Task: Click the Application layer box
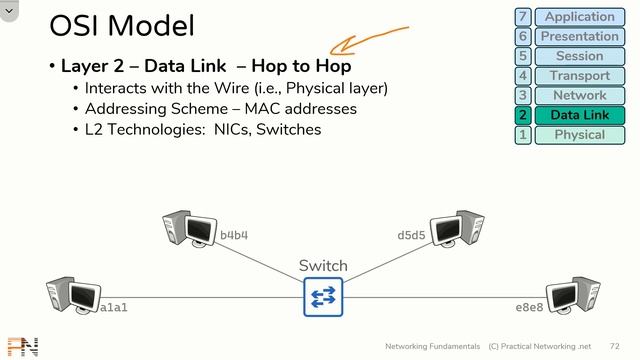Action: (x=580, y=17)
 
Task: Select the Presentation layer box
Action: (x=580, y=37)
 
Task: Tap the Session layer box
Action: (x=580, y=56)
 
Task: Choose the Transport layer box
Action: (x=580, y=76)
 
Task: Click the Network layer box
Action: (x=580, y=96)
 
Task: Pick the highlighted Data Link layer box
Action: (x=580, y=115)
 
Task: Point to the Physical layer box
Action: (x=580, y=135)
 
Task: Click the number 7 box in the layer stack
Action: (x=523, y=17)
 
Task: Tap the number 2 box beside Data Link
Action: (x=523, y=115)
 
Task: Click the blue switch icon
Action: (x=323, y=297)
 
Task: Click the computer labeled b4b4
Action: (x=190, y=229)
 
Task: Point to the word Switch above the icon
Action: (x=323, y=266)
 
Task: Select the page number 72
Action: (x=614, y=345)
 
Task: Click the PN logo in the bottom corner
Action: (x=22, y=347)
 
